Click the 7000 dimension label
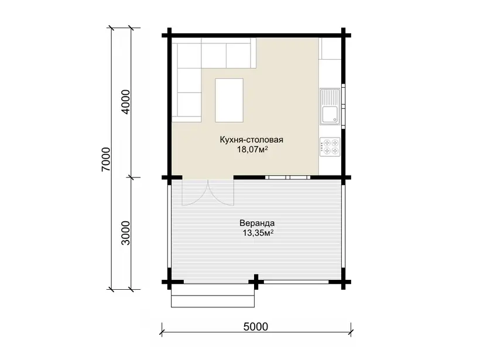coord(106,159)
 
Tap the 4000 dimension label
coord(126,102)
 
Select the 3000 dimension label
coord(126,233)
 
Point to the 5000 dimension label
coord(256,327)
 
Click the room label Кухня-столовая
coord(251,140)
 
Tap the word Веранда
coord(257,223)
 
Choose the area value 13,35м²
coord(258,233)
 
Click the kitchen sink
coord(330,107)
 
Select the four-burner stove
coord(330,147)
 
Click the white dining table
coord(229,100)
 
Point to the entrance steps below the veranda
coord(212,296)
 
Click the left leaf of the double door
coord(195,193)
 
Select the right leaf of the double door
coord(221,193)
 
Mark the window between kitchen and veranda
coord(288,177)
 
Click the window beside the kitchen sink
coord(343,106)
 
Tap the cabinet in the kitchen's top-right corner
coord(330,49)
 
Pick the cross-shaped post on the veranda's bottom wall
coord(256,282)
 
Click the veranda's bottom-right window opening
coord(297,282)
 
